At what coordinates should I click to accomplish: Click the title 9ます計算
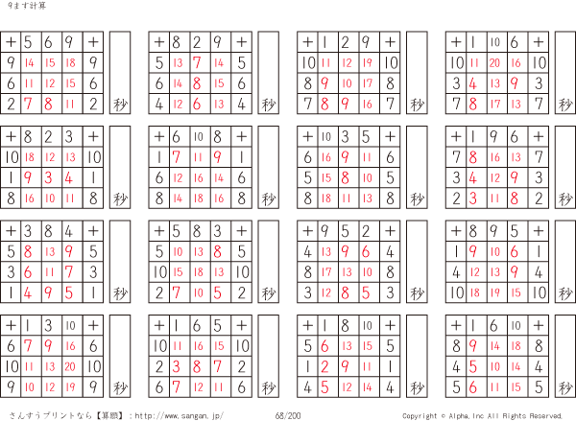tap(27, 6)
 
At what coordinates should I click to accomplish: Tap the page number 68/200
tap(288, 415)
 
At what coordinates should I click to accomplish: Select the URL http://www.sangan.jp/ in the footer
tap(179, 415)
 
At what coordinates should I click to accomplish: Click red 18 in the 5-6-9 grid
tap(70, 62)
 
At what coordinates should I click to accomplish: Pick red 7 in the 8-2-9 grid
tap(197, 62)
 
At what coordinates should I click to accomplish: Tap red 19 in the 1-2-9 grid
tap(368, 62)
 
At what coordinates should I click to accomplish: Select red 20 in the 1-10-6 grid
tap(494, 62)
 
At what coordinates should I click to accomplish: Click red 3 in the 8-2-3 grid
tap(49, 178)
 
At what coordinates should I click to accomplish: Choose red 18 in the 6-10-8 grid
tap(199, 199)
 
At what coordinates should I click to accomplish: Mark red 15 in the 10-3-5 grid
tap(326, 178)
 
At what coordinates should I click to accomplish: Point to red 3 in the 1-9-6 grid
tap(472, 199)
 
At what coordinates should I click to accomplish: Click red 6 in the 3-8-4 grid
tap(28, 272)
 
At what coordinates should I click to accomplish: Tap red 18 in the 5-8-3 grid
tap(199, 272)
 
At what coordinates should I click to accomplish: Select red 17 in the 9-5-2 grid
tap(326, 272)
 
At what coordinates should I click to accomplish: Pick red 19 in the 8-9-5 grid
tap(495, 292)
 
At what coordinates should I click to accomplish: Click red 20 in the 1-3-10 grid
tap(70, 366)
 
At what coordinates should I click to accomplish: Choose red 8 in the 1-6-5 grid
tap(197, 366)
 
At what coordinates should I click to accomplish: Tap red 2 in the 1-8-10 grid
tap(324, 366)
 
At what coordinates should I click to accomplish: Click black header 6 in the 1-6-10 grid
tap(493, 325)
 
